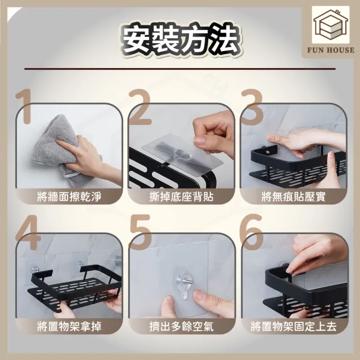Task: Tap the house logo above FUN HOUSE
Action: [x=331, y=25]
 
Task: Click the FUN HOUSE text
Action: [x=331, y=50]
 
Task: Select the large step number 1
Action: [x=24, y=106]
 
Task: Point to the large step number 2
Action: [x=139, y=107]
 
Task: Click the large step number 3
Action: [x=251, y=107]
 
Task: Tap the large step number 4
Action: [x=28, y=232]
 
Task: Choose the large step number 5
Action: [x=140, y=232]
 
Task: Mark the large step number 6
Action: [x=251, y=232]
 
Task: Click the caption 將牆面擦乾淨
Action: [x=69, y=197]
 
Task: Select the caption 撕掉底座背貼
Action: [x=181, y=197]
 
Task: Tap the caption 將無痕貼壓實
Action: [x=294, y=197]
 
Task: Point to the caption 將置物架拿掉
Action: [x=69, y=326]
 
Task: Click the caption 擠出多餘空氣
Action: [x=181, y=326]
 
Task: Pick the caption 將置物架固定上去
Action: [x=294, y=326]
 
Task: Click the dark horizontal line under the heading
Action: [x=180, y=69]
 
